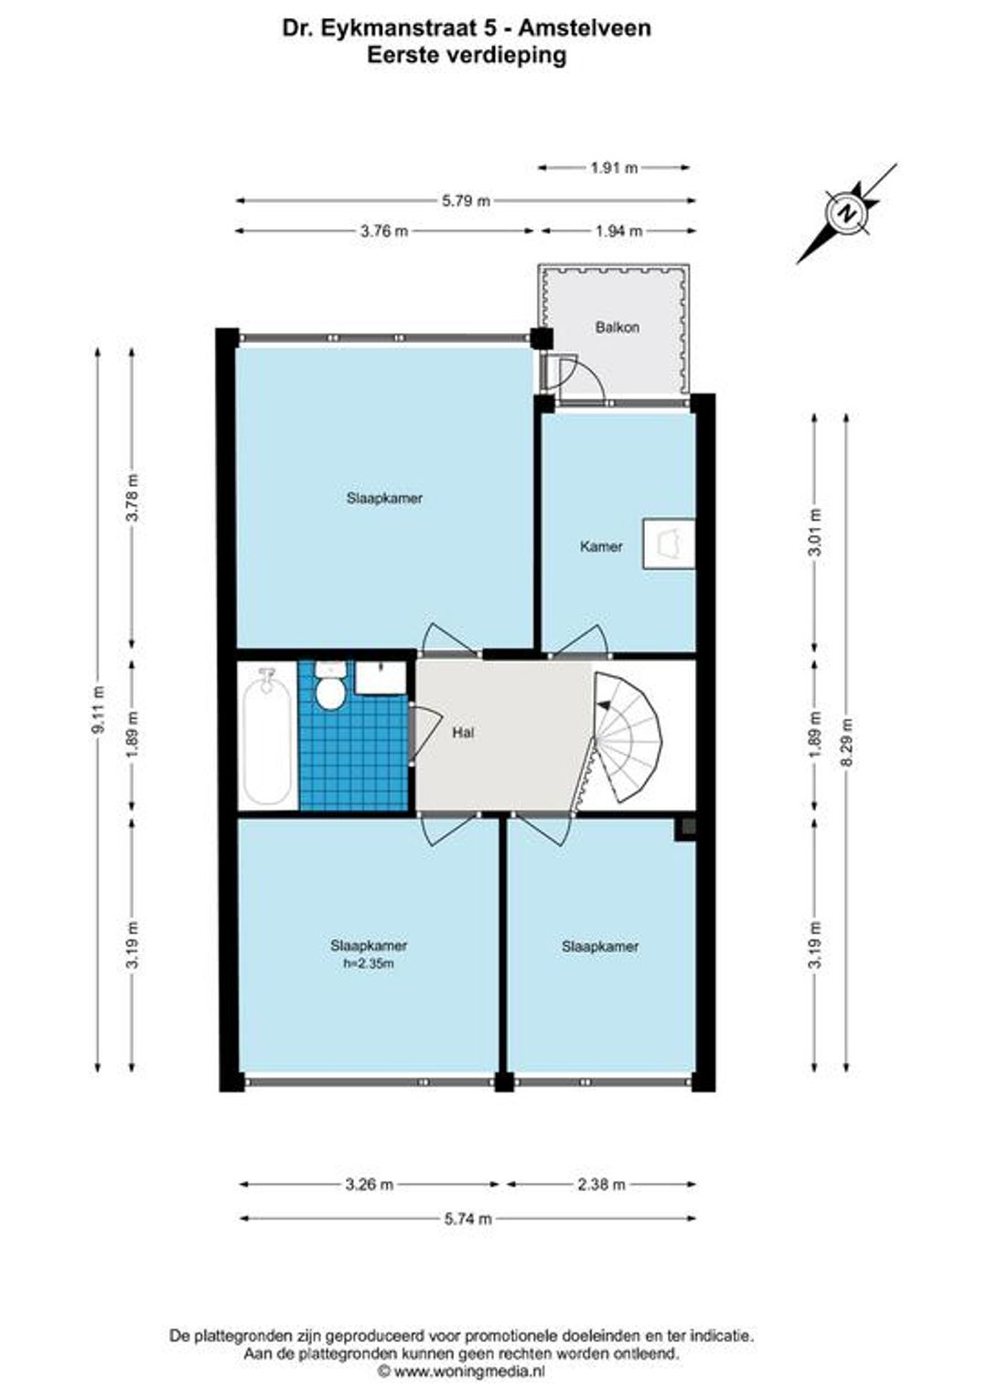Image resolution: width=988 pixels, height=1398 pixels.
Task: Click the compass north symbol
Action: tap(847, 213)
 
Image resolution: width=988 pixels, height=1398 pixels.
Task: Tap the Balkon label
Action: tap(617, 327)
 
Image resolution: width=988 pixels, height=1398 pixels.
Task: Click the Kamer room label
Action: tap(601, 547)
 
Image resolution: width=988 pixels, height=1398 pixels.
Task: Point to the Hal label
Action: tap(463, 733)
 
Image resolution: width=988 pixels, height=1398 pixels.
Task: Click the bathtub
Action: tap(267, 737)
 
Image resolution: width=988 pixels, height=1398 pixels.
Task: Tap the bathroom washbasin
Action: tap(381, 678)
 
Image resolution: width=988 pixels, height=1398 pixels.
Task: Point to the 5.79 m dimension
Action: tap(466, 200)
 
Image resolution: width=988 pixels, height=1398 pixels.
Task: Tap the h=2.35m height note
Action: tap(369, 963)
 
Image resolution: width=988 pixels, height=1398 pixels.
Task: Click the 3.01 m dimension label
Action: tap(814, 532)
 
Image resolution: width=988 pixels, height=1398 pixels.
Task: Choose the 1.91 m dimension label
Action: tap(614, 167)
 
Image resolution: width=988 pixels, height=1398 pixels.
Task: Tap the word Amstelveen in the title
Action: tap(585, 28)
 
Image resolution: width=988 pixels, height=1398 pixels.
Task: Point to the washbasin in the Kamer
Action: tap(670, 543)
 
